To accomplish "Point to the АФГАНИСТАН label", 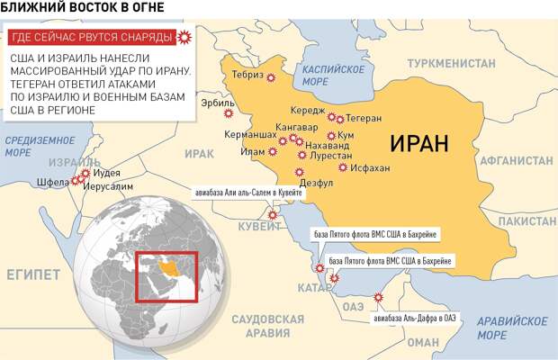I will pyautogui.click(x=515, y=160).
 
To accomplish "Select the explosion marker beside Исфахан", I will pyautogui.click(x=342, y=167).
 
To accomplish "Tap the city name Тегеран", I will pyautogui.click(x=364, y=119).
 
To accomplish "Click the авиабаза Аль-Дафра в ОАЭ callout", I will pyautogui.click(x=414, y=317).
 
